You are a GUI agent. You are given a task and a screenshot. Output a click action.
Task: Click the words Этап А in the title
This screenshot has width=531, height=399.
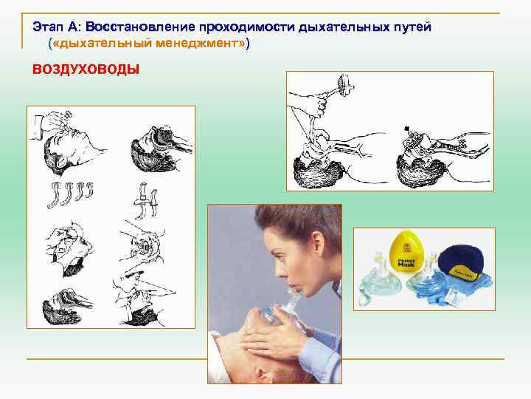click(x=57, y=27)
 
